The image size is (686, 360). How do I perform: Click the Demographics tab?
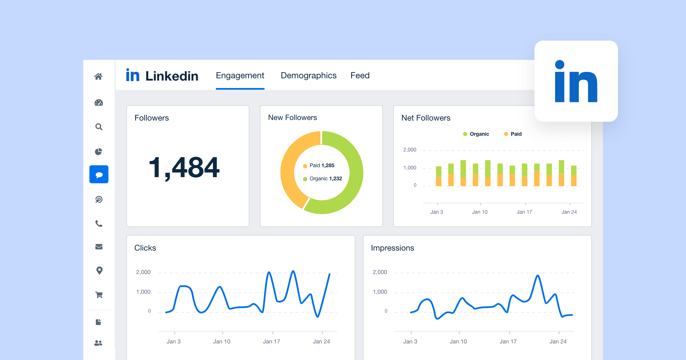tap(308, 75)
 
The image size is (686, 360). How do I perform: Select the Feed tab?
tap(360, 75)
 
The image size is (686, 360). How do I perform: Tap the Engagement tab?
tap(240, 75)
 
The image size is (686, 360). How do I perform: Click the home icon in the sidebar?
tap(98, 77)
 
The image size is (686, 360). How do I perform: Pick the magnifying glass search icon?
tap(99, 127)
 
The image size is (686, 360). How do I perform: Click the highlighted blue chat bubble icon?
tap(99, 175)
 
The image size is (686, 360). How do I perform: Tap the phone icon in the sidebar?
tap(99, 223)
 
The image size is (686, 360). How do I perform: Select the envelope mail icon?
tap(99, 247)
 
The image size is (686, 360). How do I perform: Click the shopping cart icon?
tap(99, 295)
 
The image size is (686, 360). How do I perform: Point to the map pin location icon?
tap(99, 270)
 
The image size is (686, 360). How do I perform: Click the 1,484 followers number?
tap(184, 168)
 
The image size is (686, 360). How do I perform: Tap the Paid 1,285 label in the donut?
tap(322, 165)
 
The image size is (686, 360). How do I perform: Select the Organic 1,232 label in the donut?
tap(325, 179)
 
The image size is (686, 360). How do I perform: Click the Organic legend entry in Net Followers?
tap(479, 134)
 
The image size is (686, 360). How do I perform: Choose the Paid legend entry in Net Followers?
tap(516, 134)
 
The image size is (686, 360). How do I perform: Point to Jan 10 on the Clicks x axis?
tap(222, 341)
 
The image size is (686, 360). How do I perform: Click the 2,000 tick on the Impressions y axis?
tap(380, 272)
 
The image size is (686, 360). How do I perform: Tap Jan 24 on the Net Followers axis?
tap(569, 212)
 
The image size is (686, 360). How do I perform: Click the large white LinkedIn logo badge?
tap(576, 81)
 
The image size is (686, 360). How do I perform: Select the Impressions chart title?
tap(392, 248)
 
